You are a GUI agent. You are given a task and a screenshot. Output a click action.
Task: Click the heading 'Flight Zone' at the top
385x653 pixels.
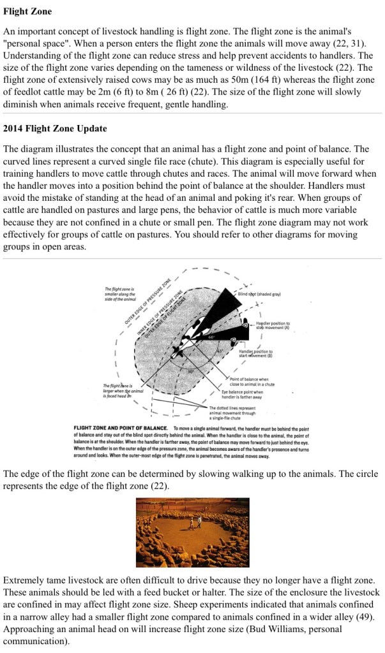[x=27, y=11]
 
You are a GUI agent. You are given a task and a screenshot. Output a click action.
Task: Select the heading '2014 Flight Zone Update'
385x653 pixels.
[x=55, y=128]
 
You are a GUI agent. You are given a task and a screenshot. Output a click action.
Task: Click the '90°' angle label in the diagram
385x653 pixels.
[x=191, y=371]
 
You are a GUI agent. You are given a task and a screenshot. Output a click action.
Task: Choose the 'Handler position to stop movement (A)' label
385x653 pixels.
[x=272, y=326]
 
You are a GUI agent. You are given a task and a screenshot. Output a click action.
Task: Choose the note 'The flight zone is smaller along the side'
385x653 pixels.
[x=121, y=294]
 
